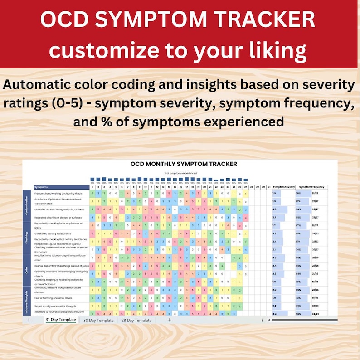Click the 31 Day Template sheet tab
(x=60, y=320)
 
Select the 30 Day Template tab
(x=98, y=320)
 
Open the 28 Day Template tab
(x=136, y=320)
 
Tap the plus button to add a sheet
(x=170, y=320)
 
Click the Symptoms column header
(x=42, y=187)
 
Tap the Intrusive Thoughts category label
(x=27, y=302)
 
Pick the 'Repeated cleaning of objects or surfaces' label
(x=58, y=218)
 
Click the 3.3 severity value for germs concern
(x=274, y=209)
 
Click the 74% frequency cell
(x=298, y=249)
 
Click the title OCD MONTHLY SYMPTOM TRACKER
(x=183, y=164)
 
